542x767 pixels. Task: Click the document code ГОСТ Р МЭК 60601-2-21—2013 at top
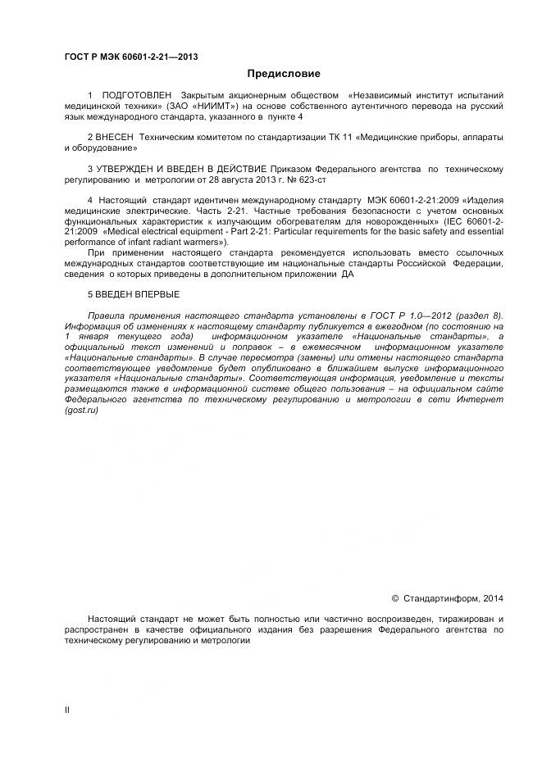pos(131,57)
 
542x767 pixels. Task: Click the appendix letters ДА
pos(348,275)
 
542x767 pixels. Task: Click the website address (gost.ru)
pos(80,410)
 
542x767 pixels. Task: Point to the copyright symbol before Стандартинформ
pos(394,599)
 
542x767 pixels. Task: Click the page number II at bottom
pos(67,710)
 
